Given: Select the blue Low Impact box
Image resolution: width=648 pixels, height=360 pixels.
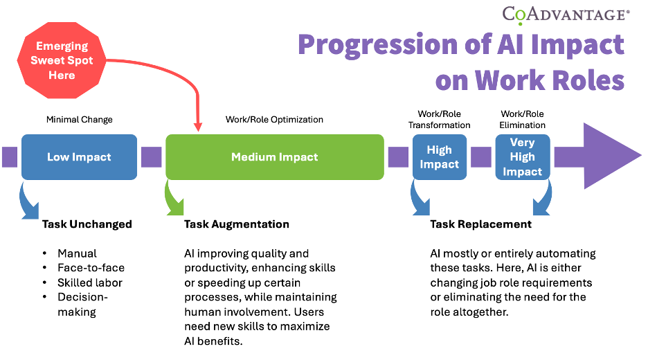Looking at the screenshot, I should tap(79, 157).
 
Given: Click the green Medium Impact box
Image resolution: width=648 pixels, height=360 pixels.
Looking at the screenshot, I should tap(274, 157).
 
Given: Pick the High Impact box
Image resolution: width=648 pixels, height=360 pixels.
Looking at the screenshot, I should tap(439, 157).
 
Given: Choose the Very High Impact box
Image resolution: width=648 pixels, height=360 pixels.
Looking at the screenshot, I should tap(522, 157).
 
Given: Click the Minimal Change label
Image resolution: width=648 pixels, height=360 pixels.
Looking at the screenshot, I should tap(79, 119).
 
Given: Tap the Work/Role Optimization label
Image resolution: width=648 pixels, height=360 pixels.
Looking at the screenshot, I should tap(274, 119).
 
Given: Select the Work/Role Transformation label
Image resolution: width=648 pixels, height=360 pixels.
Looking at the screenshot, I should tap(439, 119).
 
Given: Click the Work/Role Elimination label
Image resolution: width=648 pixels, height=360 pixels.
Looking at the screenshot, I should tap(522, 119).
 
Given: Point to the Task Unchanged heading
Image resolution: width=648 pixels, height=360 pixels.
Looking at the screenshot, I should tap(87, 224).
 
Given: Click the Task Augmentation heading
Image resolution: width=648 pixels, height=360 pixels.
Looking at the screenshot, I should tap(236, 224).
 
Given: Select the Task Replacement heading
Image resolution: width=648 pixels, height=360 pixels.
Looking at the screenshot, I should tap(480, 224).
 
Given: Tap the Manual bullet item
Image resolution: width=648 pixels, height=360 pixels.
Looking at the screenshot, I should tap(77, 253).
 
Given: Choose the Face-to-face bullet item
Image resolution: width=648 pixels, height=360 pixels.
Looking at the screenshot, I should tap(91, 268).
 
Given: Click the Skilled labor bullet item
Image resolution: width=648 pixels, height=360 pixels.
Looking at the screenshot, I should tap(91, 282).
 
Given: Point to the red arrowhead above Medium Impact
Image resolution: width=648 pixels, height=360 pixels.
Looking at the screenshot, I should tap(198, 127).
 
